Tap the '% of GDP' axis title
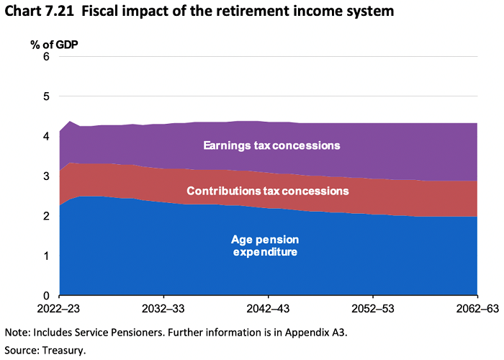point(54,44)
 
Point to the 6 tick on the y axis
point(45,57)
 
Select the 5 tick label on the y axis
point(45,96)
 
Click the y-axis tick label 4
point(45,136)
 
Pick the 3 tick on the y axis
point(45,176)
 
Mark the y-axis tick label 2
point(45,216)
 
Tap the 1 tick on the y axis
point(45,256)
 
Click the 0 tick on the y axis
point(45,296)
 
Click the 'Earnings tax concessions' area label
point(271,145)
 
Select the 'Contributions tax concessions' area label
point(268,191)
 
